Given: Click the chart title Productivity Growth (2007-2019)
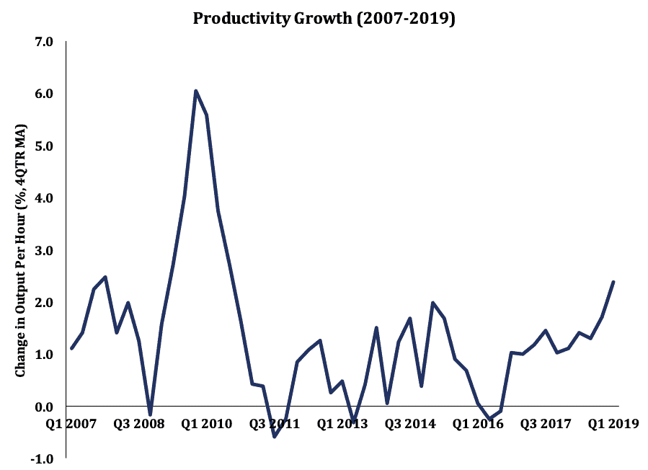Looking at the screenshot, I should [324, 19].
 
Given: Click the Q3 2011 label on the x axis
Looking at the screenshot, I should [274, 424].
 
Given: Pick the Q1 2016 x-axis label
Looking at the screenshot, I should [477, 424].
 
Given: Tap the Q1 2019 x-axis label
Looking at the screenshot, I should [613, 424].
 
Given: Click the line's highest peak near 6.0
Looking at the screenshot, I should [195, 91].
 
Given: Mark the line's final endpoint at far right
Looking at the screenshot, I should [613, 282].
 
